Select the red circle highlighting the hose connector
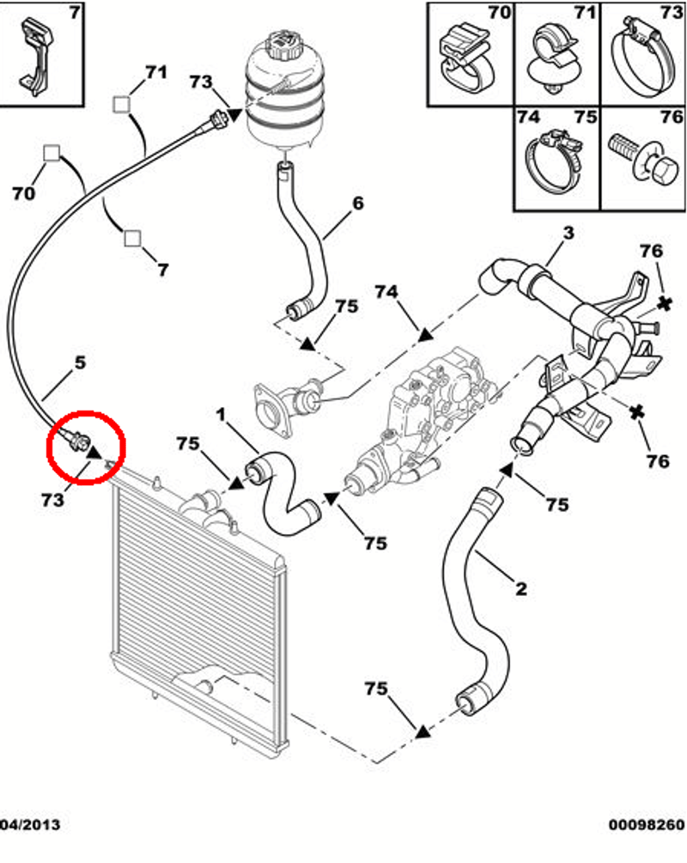[87, 446]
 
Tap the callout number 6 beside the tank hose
[358, 204]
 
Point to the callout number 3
[568, 233]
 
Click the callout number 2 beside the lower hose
[520, 589]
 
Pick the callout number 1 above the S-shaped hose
[222, 415]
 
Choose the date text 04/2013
[31, 849]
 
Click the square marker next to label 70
[52, 154]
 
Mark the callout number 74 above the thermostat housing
[386, 293]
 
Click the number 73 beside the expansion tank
[201, 82]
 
